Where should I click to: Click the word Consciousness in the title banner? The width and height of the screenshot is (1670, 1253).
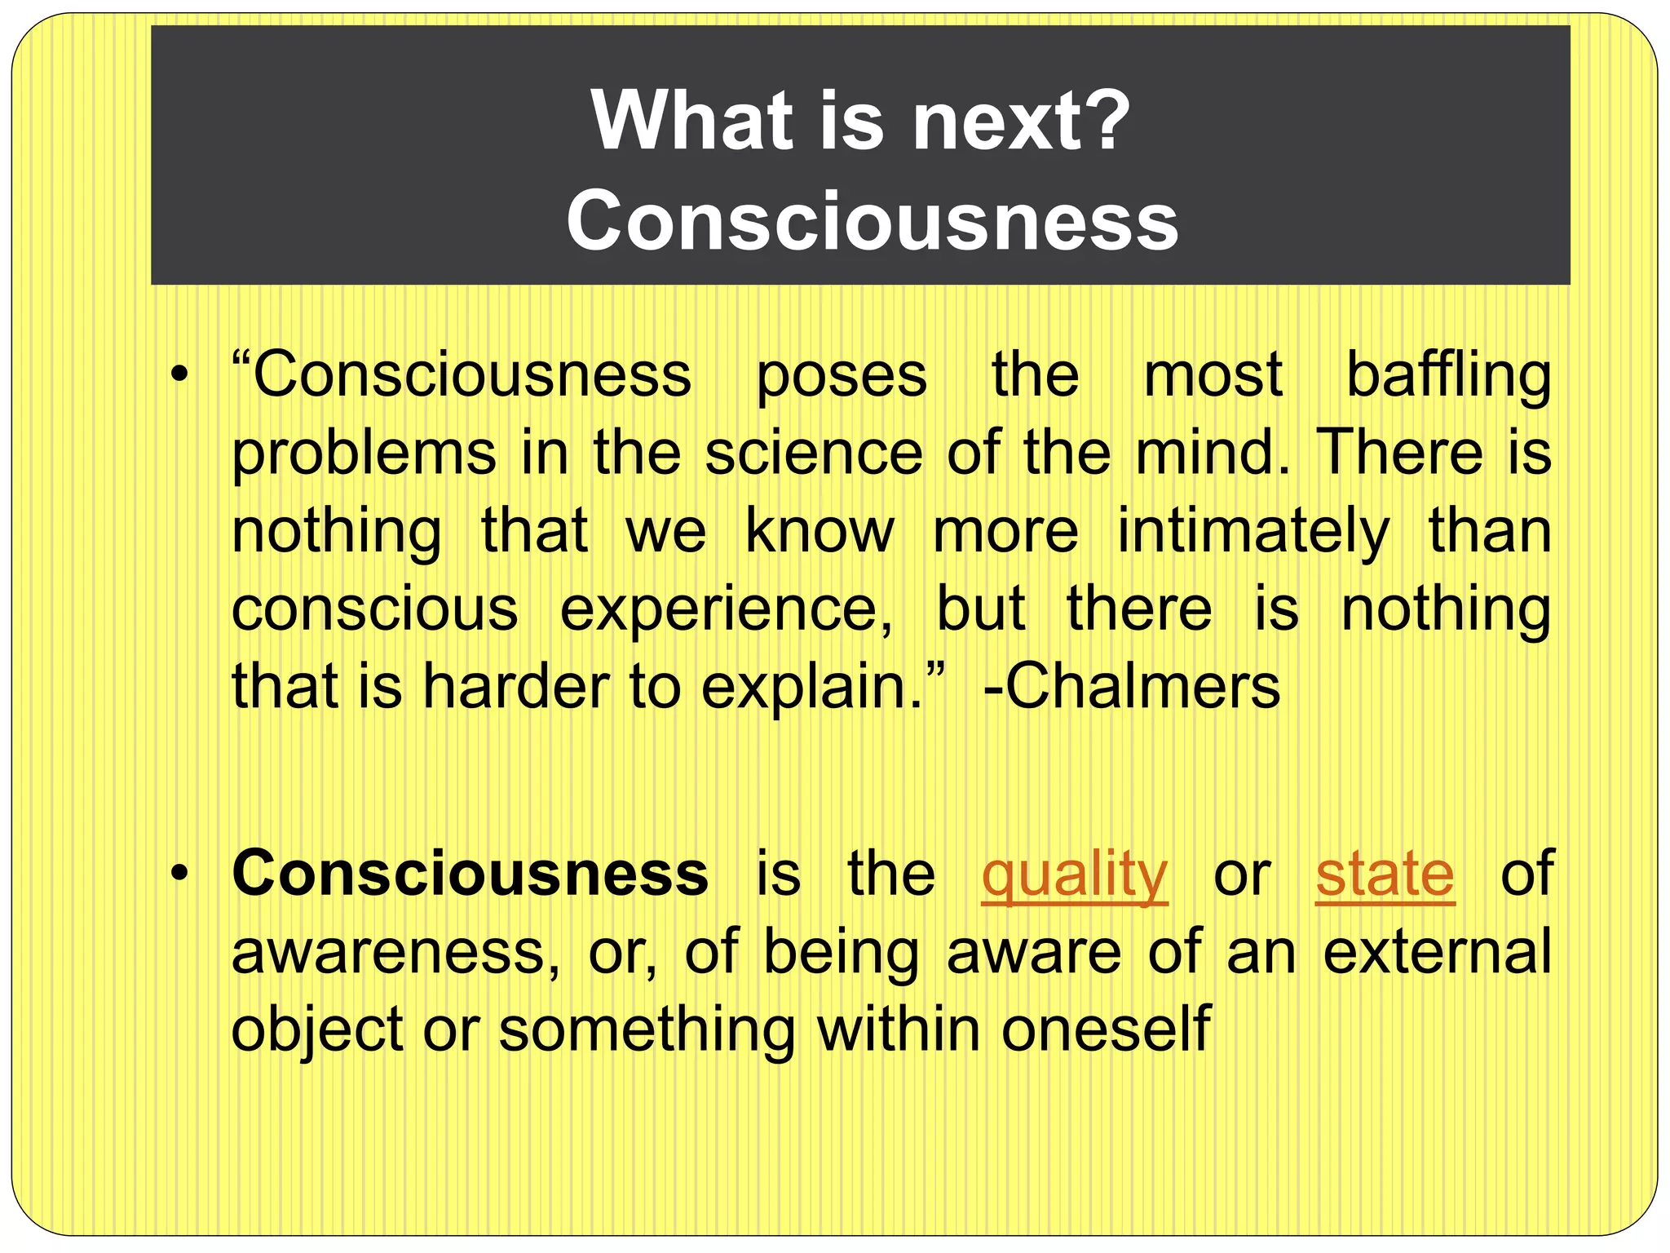(x=872, y=221)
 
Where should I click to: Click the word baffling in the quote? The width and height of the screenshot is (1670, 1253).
(x=1447, y=375)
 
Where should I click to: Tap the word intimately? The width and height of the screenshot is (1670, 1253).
(x=1252, y=531)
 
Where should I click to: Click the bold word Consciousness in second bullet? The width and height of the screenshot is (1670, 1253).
(x=470, y=873)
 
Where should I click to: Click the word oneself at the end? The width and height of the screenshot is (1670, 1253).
(x=1106, y=1029)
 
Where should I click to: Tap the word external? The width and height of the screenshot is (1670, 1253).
(x=1437, y=952)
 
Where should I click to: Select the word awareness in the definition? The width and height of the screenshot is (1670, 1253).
(x=395, y=952)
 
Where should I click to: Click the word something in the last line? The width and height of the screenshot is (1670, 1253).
(x=647, y=1029)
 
